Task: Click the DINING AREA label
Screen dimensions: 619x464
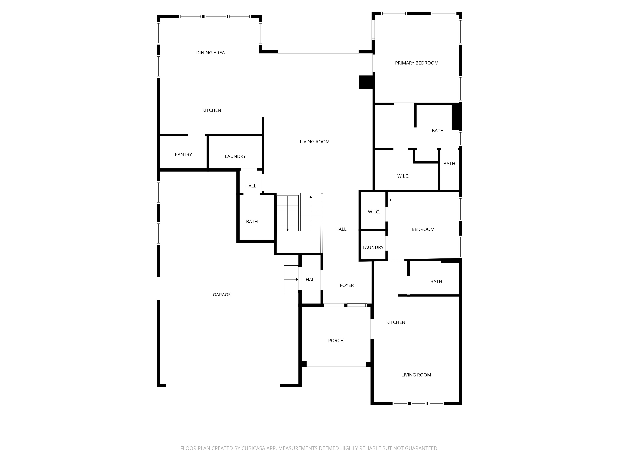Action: (210, 53)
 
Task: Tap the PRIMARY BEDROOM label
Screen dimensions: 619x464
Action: (417, 63)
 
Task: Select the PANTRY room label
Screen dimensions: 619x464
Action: (183, 155)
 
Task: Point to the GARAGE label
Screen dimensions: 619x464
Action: (222, 295)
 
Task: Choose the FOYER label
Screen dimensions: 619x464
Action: (347, 285)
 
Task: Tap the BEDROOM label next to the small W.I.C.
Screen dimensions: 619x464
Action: (423, 229)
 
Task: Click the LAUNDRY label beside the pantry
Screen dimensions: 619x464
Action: (235, 156)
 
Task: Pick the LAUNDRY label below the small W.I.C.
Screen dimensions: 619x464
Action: (373, 247)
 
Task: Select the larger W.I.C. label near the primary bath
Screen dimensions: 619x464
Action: (403, 176)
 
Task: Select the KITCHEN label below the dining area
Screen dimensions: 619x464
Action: (212, 110)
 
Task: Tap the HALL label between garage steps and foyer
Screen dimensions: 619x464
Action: (311, 280)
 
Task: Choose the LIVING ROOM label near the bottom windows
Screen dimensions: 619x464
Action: (416, 375)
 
